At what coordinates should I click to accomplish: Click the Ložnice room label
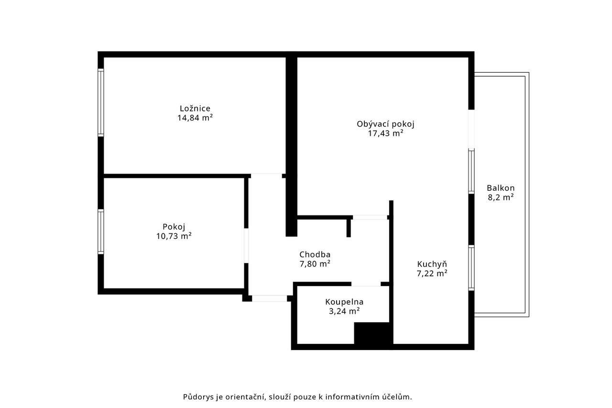(195, 109)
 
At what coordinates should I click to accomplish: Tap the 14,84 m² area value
(195, 118)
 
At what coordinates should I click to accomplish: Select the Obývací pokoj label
(385, 124)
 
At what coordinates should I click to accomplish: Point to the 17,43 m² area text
(385, 133)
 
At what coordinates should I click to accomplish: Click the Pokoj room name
(174, 227)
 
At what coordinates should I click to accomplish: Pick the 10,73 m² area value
(174, 236)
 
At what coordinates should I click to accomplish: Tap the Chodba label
(315, 254)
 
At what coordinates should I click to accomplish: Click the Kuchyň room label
(432, 264)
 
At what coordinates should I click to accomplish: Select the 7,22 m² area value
(432, 273)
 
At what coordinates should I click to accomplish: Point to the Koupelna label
(344, 302)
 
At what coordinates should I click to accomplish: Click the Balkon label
(501, 188)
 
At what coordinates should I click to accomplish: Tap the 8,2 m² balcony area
(501, 197)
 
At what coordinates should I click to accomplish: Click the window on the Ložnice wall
(101, 102)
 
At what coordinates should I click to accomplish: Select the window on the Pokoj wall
(101, 232)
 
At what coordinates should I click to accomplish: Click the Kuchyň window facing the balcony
(471, 268)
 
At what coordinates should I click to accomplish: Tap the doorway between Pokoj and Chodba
(246, 246)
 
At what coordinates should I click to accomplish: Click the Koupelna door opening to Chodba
(366, 284)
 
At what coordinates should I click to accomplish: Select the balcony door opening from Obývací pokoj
(471, 129)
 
